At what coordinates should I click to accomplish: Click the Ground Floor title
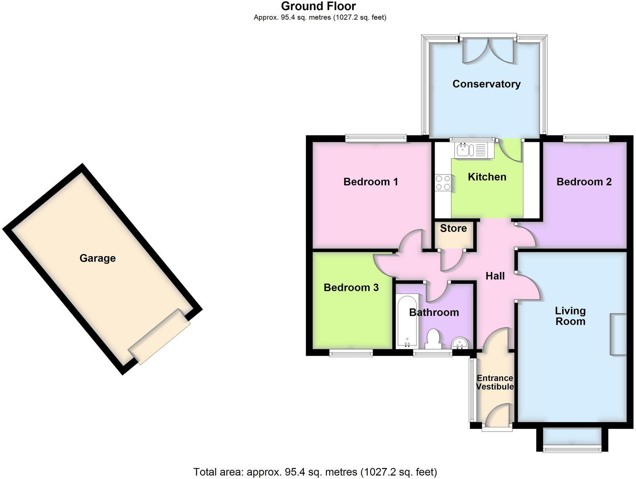coord(318,6)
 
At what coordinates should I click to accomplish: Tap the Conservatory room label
coord(486,84)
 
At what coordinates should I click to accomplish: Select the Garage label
coord(98,258)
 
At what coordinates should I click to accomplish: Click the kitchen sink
coord(471,149)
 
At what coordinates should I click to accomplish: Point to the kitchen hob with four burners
coord(443,183)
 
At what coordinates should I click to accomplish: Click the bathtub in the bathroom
coord(407,320)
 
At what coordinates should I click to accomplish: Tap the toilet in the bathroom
coord(433,339)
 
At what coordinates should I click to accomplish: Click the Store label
coord(453,228)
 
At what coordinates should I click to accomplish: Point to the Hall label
coord(495,276)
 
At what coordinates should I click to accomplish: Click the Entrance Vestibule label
coord(495,382)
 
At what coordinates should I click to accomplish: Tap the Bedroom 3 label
coord(351,288)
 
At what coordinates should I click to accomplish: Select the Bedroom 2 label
coord(584,182)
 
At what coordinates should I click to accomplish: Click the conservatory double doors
coord(488,50)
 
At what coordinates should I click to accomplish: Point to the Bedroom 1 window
coord(376,137)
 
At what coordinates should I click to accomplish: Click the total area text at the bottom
coord(315,471)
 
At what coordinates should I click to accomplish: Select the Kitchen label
coord(487,177)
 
